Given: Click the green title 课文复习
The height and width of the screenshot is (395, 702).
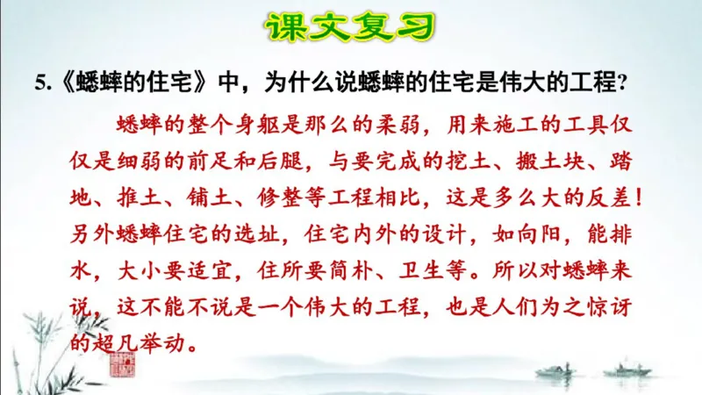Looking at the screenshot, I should click(x=350, y=26).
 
